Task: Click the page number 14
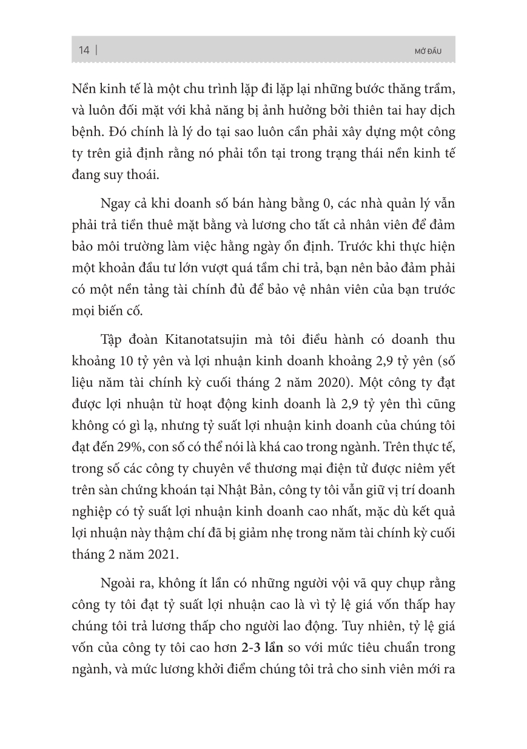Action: (x=84, y=50)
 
